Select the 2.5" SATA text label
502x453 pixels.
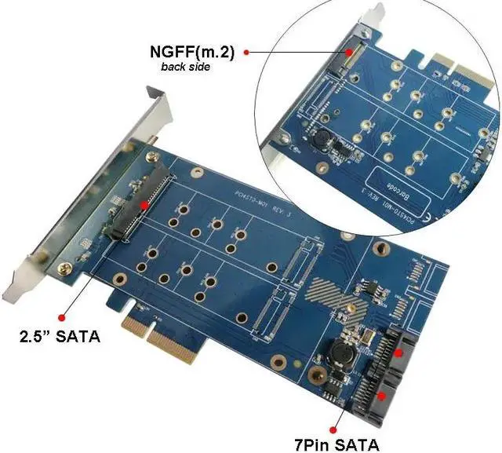[x=60, y=340]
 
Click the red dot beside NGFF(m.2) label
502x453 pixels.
[x=246, y=52]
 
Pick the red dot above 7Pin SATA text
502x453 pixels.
[x=336, y=428]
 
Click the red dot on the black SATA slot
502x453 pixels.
[x=144, y=206]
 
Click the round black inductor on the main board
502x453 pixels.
[x=344, y=353]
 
